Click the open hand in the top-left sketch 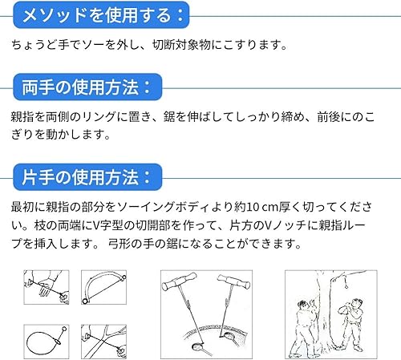pos(46,286)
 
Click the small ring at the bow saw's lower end pos(85,301)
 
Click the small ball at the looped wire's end pos(64,328)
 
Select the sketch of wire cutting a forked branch pos(103,342)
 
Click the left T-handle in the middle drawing pos(179,281)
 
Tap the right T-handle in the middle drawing pos(233,281)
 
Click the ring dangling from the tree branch pos(346,286)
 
